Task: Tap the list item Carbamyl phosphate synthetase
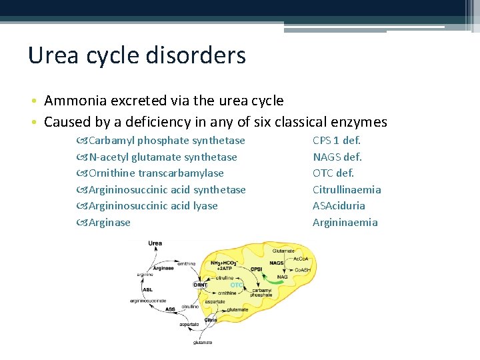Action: pos(167,141)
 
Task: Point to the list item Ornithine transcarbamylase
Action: pos(156,173)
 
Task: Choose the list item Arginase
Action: pos(109,223)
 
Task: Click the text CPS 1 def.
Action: pos(337,141)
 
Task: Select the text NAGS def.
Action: pos(337,157)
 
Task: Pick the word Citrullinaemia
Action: pos(347,190)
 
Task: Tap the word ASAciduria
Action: pos(339,206)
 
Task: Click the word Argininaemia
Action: pos(345,223)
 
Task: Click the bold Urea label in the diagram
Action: pos(155,243)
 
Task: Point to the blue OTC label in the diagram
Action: pos(236,285)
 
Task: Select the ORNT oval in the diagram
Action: pos(200,285)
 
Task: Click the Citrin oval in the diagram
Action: pos(211,320)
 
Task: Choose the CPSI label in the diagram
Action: pos(256,269)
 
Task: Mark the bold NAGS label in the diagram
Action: pos(276,263)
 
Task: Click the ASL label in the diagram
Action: pos(147,289)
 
